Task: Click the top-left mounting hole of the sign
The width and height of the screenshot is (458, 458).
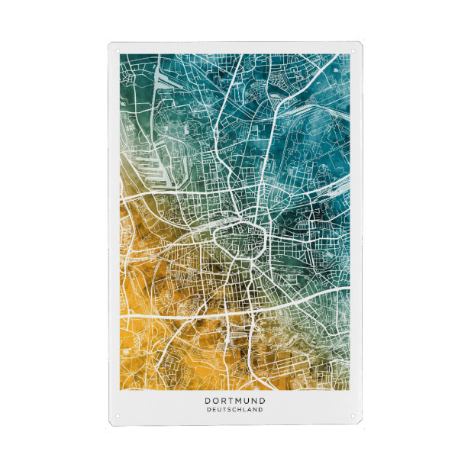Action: pyautogui.click(x=118, y=50)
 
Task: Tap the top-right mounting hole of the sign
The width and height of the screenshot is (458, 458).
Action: pyautogui.click(x=352, y=50)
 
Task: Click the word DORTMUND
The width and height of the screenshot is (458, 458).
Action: pyautogui.click(x=234, y=399)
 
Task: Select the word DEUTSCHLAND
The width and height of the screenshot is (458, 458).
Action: pyautogui.click(x=234, y=409)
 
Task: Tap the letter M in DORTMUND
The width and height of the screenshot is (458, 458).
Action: pyautogui.click(x=243, y=399)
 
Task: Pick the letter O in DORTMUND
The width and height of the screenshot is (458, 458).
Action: pyautogui.click(x=217, y=399)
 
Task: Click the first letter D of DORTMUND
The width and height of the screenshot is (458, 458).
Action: pyautogui.click(x=208, y=399)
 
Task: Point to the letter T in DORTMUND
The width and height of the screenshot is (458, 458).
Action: pyautogui.click(x=234, y=399)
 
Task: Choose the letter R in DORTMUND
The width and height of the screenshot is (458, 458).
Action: pyautogui.click(x=225, y=399)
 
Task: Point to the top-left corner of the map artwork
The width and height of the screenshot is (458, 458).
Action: pyautogui.click(x=121, y=55)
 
